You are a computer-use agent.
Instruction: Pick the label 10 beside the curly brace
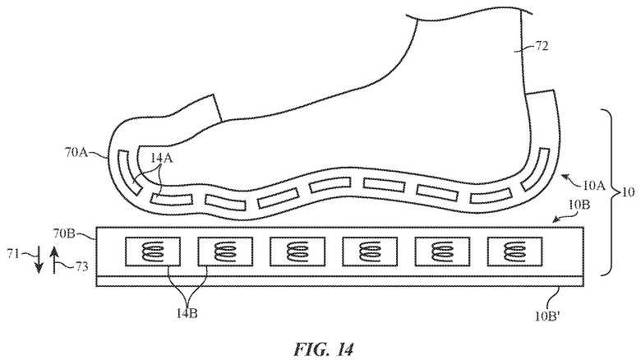(x=629, y=193)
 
